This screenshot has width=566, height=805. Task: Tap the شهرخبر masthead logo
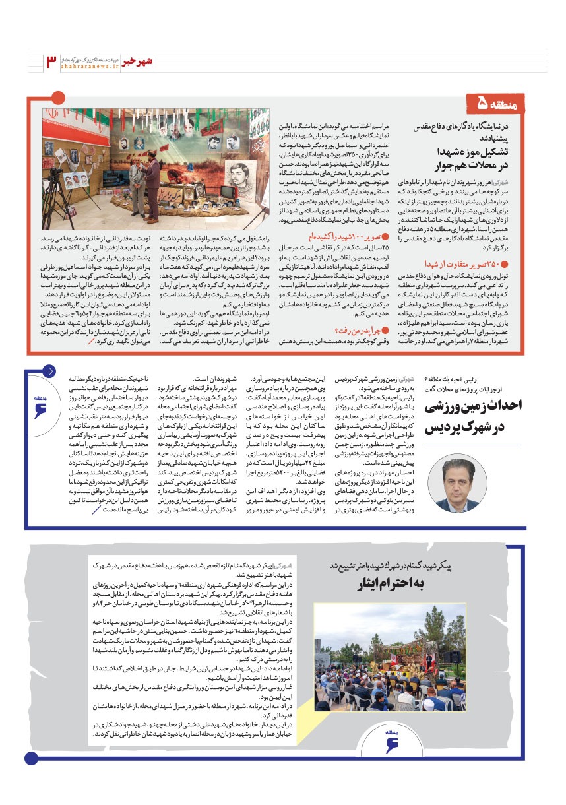(x=141, y=61)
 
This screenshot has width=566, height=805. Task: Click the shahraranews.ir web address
(x=90, y=67)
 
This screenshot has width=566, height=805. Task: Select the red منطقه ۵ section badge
(x=505, y=104)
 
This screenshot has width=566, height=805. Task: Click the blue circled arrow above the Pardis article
(x=49, y=370)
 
